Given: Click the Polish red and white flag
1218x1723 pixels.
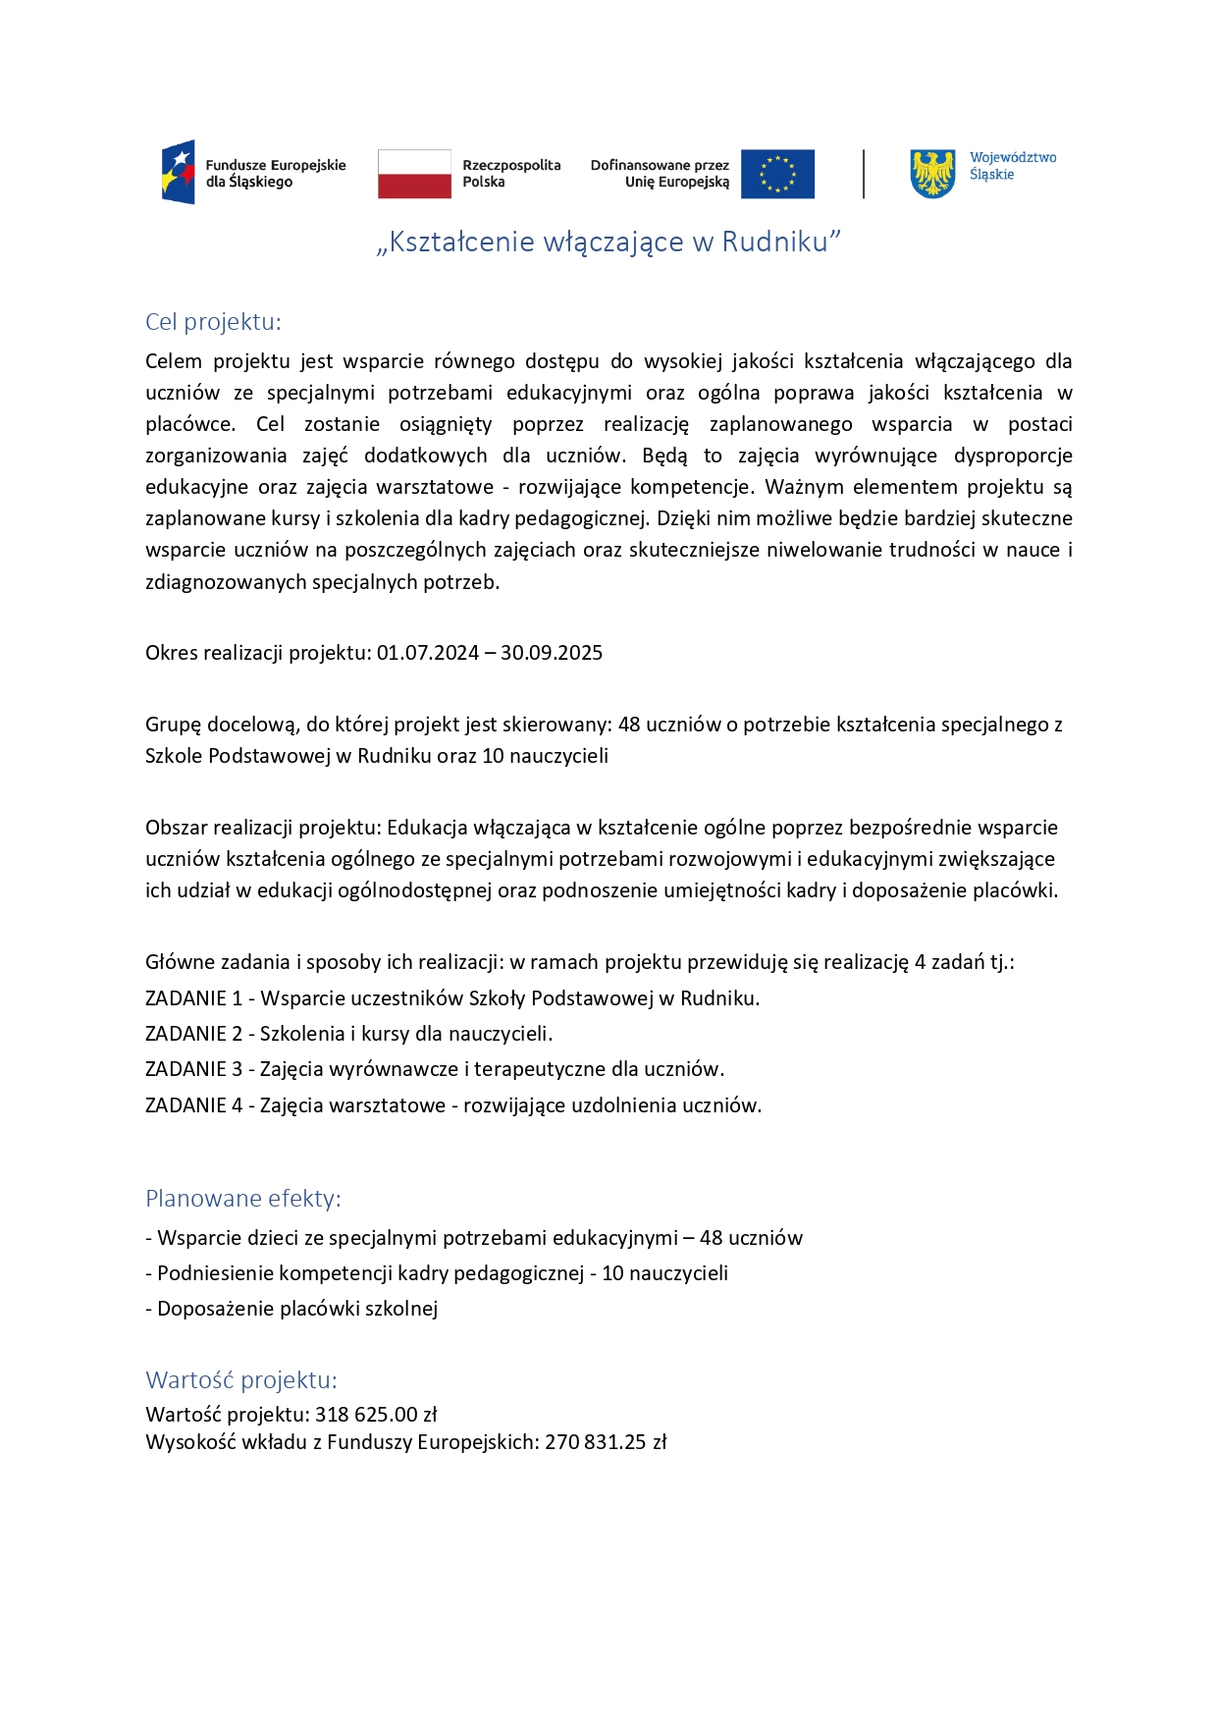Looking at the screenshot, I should pos(414,174).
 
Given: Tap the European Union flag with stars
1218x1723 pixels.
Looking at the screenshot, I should pos(777,174).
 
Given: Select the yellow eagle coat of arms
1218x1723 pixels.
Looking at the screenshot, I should pos(932,174).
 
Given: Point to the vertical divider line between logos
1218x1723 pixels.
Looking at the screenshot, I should pos(864,174).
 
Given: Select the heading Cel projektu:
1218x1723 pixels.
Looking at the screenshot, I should pos(213,322).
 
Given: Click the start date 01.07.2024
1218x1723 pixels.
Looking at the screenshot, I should pos(428,653).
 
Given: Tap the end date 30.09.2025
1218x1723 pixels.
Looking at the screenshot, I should pos(552,653).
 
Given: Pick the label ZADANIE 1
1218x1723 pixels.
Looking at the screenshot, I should pos(193,998).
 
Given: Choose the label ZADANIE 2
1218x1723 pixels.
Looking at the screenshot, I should pos(193,1034).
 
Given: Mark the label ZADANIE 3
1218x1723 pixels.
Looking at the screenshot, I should pos(193,1069).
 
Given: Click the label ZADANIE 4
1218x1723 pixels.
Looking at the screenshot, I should pos(193,1105).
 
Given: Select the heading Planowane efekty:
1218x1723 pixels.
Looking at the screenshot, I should pos(243,1199).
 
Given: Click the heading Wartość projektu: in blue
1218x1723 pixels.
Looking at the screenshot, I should pos(241,1380).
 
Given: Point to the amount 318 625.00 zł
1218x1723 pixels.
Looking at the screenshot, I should pos(376,1415).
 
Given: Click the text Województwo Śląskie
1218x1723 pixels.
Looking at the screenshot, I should pos(1013,166).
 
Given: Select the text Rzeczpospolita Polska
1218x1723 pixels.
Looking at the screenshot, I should pos(511,174).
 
